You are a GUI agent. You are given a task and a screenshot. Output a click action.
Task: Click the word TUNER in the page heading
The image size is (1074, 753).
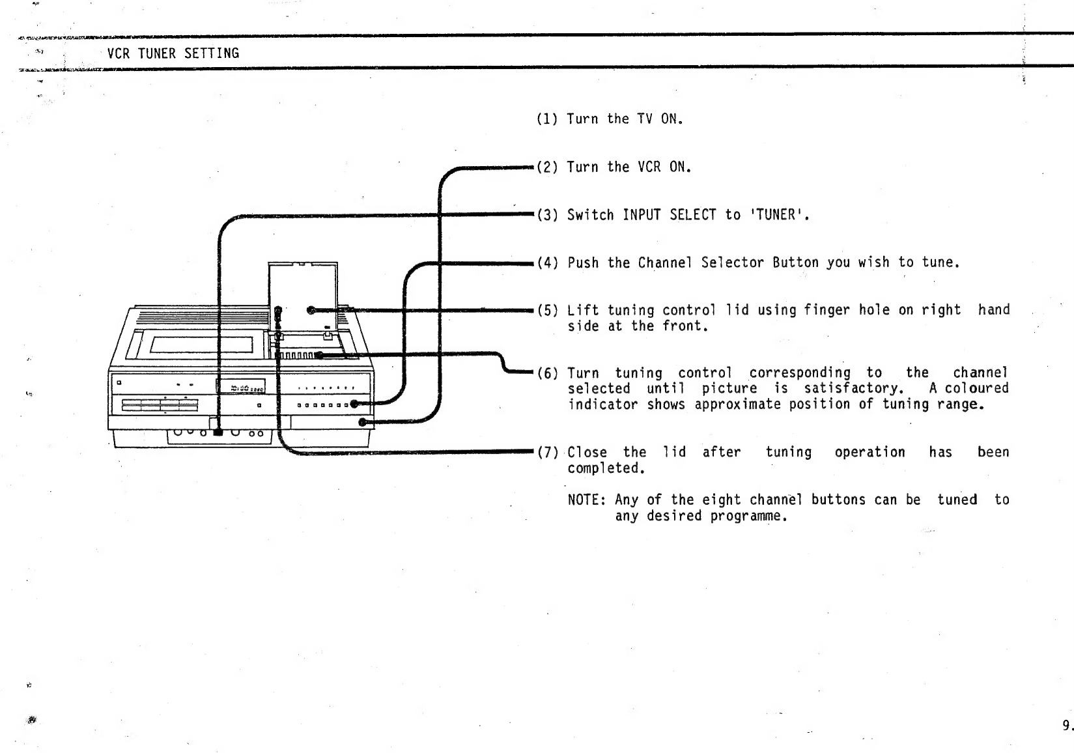point(157,53)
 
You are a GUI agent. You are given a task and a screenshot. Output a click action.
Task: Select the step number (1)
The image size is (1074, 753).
point(547,119)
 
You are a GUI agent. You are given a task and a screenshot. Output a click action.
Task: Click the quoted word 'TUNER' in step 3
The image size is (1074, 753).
point(779,214)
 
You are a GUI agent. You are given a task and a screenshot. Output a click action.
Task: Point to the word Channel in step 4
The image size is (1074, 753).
point(665,263)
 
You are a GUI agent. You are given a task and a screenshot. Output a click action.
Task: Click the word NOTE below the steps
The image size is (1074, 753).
point(583,500)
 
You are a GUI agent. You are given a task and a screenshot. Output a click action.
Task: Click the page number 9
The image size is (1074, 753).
point(1066,725)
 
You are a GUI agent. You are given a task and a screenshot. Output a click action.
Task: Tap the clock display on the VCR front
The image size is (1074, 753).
point(241,386)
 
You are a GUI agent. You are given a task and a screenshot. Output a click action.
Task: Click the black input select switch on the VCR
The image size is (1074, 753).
point(218,432)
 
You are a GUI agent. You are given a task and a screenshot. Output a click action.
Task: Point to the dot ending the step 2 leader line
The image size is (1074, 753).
point(363,422)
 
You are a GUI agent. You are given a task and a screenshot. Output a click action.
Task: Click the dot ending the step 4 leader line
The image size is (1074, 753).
point(354,404)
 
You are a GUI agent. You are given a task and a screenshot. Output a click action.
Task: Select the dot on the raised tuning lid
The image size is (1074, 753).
point(311,310)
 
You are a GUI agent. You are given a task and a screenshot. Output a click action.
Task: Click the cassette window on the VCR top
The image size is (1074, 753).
point(202,344)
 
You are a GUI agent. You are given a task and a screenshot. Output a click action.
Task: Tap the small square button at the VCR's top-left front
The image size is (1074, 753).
point(119,382)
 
